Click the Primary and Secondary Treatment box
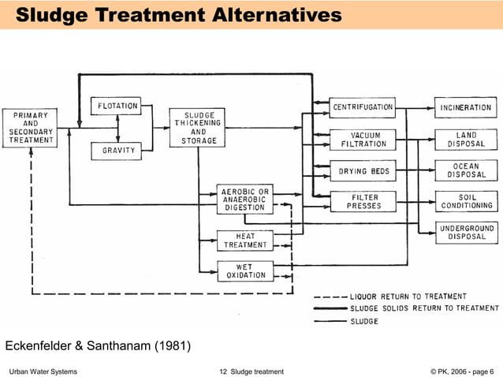click(31, 128)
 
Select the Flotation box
click(118, 106)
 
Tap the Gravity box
click(118, 150)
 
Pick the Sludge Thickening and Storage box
click(198, 128)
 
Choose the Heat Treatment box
click(245, 241)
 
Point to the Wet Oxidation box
click(245, 271)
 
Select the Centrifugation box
click(363, 106)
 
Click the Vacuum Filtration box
click(363, 140)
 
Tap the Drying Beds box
click(363, 171)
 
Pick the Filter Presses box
click(363, 201)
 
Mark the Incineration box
click(466, 106)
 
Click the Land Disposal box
click(466, 140)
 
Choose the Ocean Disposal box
click(466, 170)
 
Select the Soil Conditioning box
click(466, 201)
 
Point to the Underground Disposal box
click(466, 232)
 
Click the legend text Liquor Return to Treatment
click(408, 297)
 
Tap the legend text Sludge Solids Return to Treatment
click(424, 308)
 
